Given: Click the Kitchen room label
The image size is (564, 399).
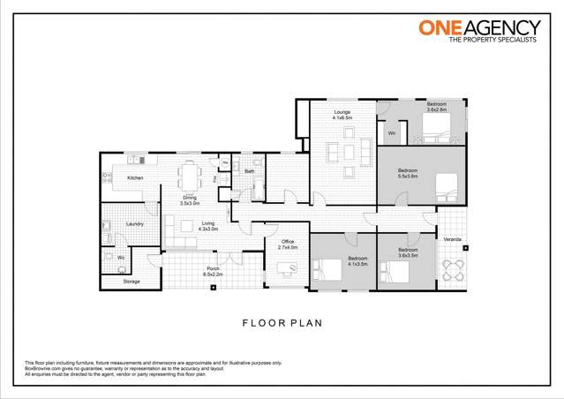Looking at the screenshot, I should coord(135,178).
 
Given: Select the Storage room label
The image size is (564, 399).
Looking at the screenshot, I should coord(132,282).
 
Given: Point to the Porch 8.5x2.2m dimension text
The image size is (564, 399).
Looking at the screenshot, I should coord(213,275).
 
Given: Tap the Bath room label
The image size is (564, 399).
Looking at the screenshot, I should coord(250,170).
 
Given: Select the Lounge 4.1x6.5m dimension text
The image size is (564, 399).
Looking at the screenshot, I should coord(342,118).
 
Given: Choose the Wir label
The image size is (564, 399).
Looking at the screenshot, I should coord(391,133).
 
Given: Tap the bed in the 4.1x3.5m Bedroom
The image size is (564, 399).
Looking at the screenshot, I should coord(330,268).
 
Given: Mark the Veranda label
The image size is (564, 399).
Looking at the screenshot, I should coord(452,239).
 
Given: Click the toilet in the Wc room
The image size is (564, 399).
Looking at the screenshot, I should coord(121,261).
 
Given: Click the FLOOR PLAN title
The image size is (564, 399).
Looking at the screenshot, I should coord(282,323).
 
